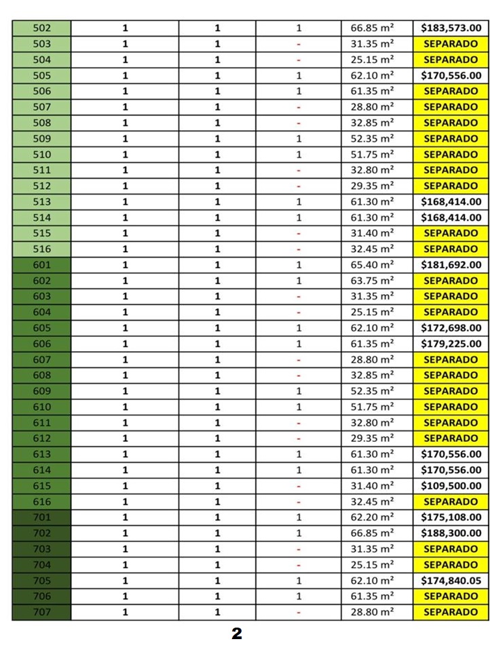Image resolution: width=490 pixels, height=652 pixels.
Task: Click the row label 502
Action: pos(41,28)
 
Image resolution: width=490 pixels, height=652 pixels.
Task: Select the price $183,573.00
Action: pos(451,28)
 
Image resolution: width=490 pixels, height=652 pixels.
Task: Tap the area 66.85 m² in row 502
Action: pos(373,28)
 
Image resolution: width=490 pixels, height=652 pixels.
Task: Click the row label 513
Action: pos(41,202)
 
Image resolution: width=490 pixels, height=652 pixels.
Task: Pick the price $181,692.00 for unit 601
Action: pos(451,265)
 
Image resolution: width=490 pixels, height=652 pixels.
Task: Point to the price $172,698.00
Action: pos(451,328)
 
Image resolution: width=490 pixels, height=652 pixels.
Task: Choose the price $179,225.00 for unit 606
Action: pos(451,344)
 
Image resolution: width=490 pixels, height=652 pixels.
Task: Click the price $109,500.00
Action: pos(451,486)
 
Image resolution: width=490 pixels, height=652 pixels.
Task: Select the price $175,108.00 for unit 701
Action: pos(451,518)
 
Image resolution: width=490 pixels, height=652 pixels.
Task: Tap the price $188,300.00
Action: pos(451,533)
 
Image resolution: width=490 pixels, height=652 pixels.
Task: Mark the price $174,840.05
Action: pos(451,581)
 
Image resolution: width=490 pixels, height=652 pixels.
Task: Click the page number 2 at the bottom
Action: pos(237,634)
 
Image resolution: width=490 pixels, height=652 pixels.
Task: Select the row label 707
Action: pos(41,612)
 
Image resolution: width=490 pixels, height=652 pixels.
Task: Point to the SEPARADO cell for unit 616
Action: pos(451,502)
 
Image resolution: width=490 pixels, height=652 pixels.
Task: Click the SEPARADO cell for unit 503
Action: pos(451,44)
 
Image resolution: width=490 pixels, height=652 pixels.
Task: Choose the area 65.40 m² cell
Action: pos(373,265)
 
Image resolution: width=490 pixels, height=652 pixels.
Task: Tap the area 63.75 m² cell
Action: pos(373,281)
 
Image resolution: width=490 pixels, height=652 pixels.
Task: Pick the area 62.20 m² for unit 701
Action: pos(373,518)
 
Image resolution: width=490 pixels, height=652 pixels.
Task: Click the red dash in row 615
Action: pos(299,487)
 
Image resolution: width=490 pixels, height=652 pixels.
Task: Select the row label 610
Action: pos(41,407)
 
